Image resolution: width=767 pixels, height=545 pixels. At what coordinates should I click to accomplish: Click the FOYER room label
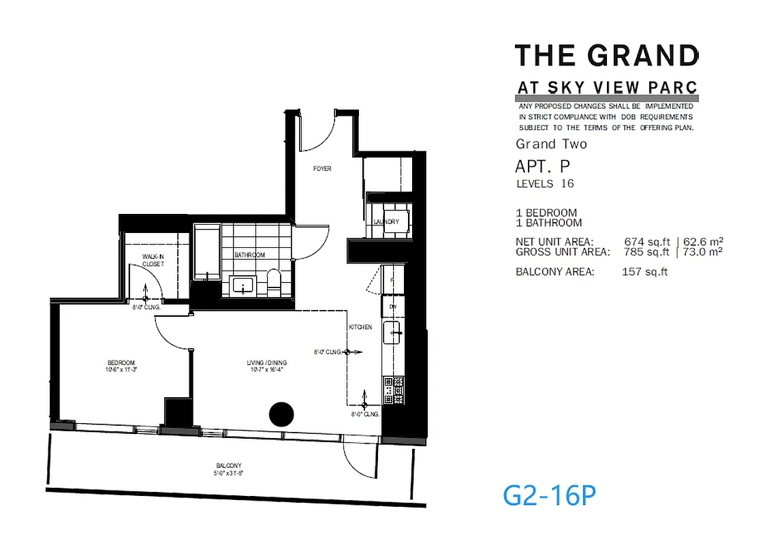[x=322, y=168]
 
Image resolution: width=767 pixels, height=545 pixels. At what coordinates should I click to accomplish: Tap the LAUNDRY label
[x=386, y=222]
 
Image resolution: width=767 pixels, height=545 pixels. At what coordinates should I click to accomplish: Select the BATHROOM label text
[x=249, y=255]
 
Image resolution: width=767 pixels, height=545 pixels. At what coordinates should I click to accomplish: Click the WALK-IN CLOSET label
[x=153, y=260]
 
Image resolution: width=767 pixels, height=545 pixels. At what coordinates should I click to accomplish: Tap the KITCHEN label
[x=360, y=328]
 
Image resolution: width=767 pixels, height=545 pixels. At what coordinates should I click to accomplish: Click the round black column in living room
[x=281, y=414]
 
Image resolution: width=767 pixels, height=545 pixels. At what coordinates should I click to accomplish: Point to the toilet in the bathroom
[x=274, y=281]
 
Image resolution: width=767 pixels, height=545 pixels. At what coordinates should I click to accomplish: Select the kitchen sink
[x=393, y=333]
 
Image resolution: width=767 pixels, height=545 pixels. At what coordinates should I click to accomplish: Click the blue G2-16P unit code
[x=549, y=496]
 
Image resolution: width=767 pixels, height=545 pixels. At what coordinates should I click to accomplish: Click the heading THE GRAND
[x=606, y=55]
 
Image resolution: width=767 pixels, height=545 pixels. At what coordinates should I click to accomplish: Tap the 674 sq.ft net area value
[x=646, y=242]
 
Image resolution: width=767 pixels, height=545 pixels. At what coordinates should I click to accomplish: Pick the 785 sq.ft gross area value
[x=646, y=251]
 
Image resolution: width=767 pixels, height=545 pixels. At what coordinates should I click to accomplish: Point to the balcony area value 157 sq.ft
[x=644, y=272]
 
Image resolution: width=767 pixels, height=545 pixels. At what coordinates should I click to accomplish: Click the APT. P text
[x=542, y=166]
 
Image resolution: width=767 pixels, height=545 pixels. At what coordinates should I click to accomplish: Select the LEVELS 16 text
[x=545, y=184]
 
